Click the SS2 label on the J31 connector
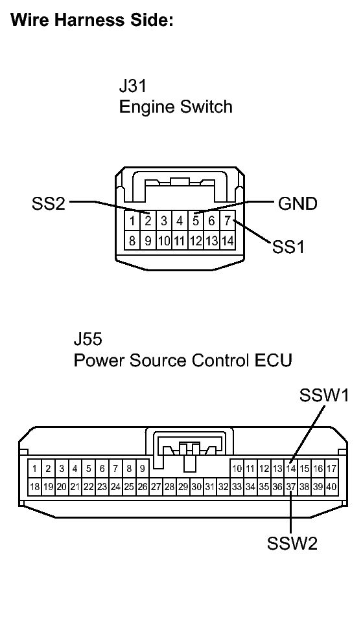(49, 204)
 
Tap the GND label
(298, 204)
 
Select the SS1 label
(289, 247)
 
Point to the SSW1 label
(323, 395)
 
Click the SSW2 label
(292, 543)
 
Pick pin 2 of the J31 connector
(148, 221)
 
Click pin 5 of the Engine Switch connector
(196, 221)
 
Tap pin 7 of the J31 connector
(227, 221)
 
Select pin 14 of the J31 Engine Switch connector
(227, 241)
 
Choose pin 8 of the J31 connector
(132, 241)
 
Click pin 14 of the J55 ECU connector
(291, 467)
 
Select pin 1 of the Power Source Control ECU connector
(34, 467)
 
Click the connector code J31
(133, 86)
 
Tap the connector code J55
(88, 339)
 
